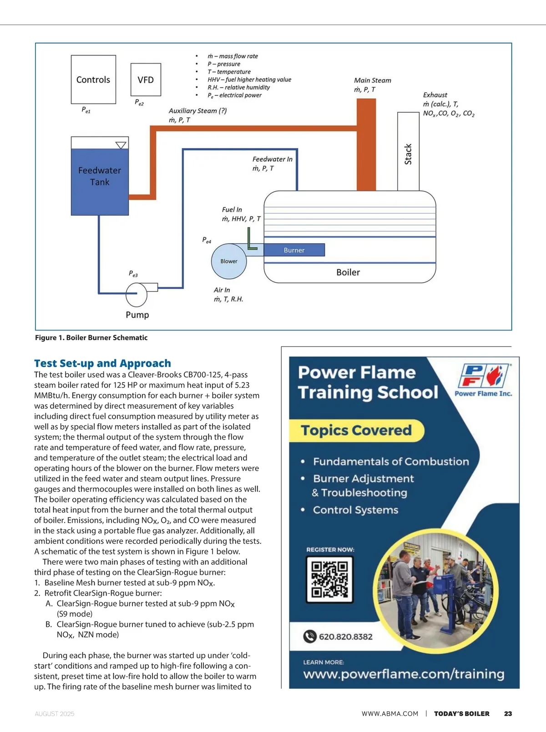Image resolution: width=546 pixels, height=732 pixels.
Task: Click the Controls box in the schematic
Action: [x=93, y=80]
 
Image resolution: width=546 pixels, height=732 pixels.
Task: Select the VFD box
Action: [x=146, y=80]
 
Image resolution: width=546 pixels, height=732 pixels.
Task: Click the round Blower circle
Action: [x=229, y=261]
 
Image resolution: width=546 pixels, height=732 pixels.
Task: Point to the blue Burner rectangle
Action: [x=294, y=250]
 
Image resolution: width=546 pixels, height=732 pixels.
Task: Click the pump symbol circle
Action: [x=136, y=294]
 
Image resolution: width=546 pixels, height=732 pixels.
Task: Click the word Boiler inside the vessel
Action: [x=348, y=272]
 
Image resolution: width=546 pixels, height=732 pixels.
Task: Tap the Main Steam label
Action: [x=373, y=80]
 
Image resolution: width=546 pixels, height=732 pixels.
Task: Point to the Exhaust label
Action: [x=435, y=95]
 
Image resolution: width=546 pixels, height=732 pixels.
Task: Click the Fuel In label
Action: [x=232, y=210]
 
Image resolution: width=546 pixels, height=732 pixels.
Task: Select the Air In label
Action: [x=222, y=290]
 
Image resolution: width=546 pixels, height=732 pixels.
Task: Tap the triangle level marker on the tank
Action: [x=121, y=145]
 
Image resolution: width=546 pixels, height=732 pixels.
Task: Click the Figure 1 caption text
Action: [x=91, y=338]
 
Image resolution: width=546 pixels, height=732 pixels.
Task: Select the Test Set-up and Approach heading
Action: [x=102, y=363]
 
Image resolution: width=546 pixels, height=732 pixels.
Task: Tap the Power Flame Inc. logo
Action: [x=484, y=379]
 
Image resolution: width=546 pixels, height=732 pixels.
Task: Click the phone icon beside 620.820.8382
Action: [x=310, y=637]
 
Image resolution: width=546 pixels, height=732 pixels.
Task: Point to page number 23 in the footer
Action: [x=508, y=714]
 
